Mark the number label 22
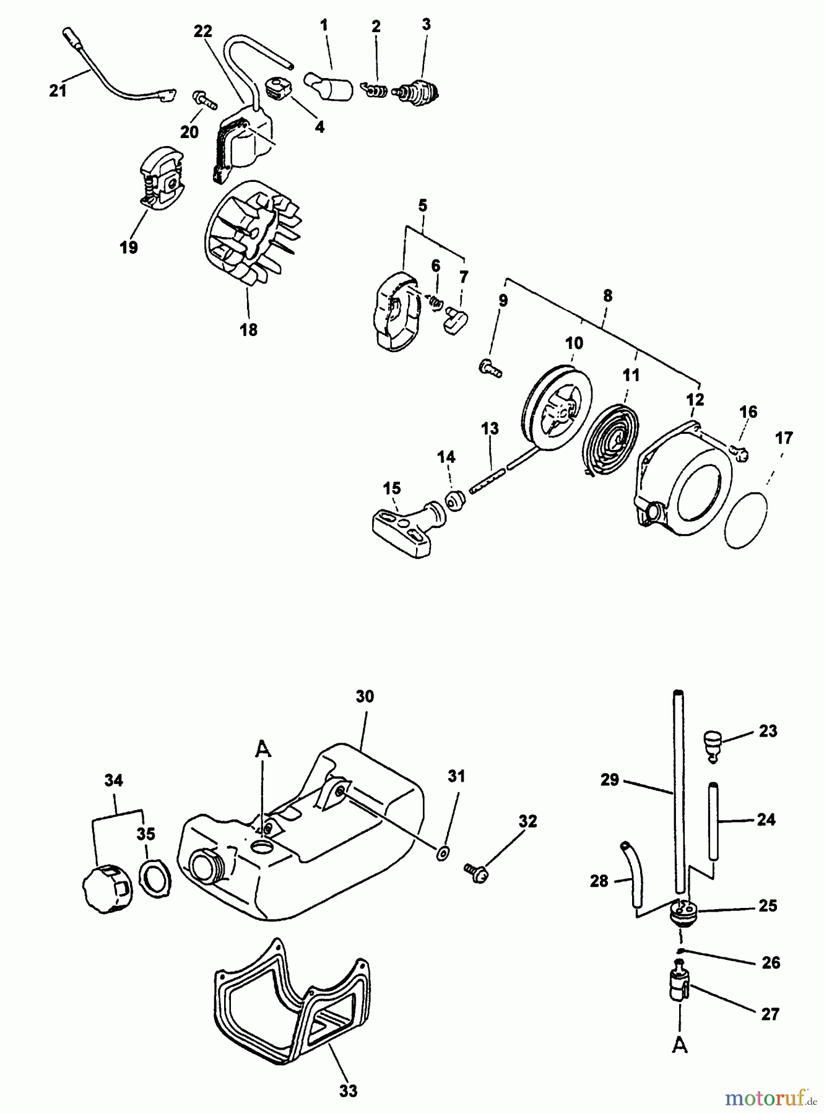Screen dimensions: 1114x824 (203, 32)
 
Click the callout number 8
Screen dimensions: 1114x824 (607, 296)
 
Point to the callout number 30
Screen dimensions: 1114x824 (365, 696)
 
